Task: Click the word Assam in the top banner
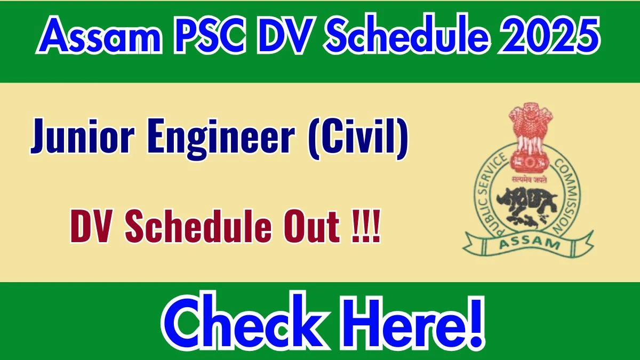[98, 35]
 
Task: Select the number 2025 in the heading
[549, 35]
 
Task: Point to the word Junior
[82, 137]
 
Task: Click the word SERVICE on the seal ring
[491, 169]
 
